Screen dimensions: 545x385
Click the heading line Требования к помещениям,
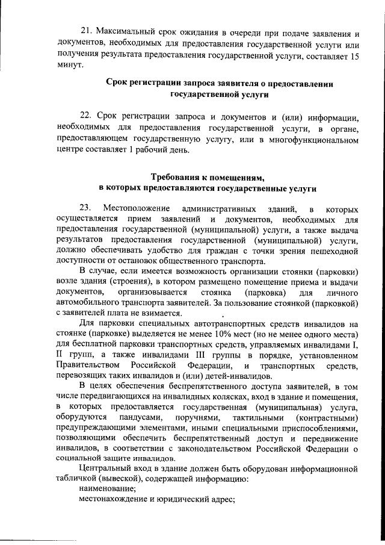(x=208, y=178)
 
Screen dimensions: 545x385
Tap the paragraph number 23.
(x=85, y=208)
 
